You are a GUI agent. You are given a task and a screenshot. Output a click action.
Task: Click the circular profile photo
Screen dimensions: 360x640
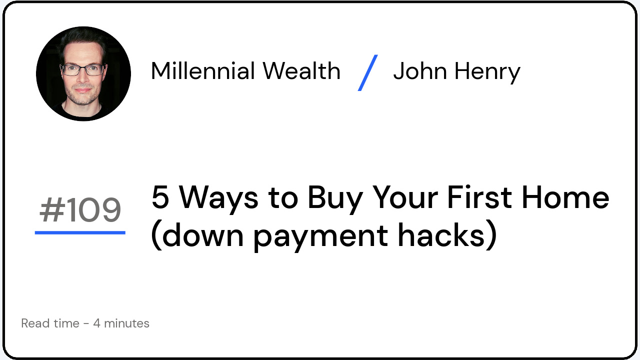tap(83, 73)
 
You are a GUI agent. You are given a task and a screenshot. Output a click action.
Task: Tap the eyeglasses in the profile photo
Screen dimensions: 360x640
tap(82, 69)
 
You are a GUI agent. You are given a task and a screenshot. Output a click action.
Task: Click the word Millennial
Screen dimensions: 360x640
tap(203, 71)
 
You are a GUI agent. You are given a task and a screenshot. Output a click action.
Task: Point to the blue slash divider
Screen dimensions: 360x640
tap(367, 72)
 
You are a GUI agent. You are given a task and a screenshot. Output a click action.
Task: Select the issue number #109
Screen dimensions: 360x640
tap(80, 210)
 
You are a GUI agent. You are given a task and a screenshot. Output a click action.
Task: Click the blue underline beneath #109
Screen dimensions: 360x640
tap(80, 232)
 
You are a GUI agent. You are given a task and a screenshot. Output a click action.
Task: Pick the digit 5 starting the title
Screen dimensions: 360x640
tap(160, 197)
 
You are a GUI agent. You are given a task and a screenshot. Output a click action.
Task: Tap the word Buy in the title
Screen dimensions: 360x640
tap(334, 198)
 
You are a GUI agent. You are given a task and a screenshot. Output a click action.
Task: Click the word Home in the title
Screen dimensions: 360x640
tap(565, 197)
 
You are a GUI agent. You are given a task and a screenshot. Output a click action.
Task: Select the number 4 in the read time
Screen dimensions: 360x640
tap(96, 323)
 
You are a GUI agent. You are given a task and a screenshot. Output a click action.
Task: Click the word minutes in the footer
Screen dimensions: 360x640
tap(126, 323)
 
